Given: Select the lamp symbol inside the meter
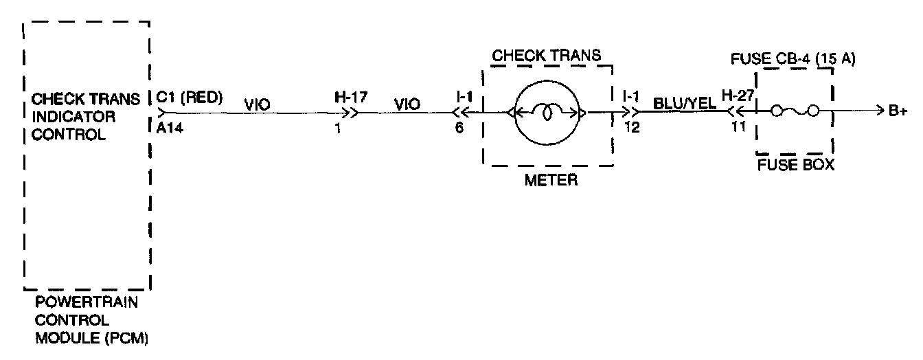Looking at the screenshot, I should (547, 112).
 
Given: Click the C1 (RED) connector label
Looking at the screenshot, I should (190, 98).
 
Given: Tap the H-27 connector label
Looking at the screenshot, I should (739, 98).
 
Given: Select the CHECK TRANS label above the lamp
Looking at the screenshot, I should (547, 56).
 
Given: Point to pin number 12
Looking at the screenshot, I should (632, 127).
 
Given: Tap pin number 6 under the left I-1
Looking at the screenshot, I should (459, 127).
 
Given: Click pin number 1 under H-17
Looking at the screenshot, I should (339, 127).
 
